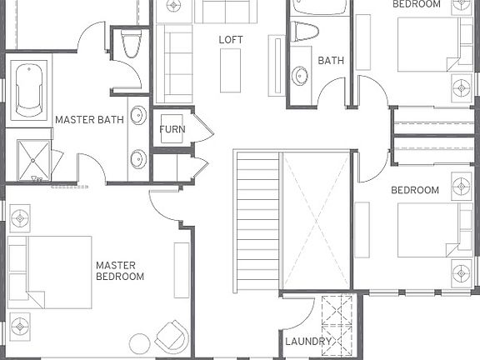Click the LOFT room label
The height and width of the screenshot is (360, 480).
click(x=231, y=39)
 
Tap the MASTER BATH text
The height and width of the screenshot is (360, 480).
click(x=89, y=120)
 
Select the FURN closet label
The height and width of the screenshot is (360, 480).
click(x=172, y=130)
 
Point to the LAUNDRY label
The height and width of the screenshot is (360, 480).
click(x=308, y=342)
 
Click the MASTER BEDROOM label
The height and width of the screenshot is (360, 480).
click(x=120, y=271)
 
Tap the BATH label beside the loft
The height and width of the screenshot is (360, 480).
click(x=331, y=61)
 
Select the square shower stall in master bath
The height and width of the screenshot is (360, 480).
click(x=34, y=160)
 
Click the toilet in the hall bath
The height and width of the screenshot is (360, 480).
click(x=306, y=32)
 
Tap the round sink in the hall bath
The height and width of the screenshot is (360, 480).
click(x=301, y=76)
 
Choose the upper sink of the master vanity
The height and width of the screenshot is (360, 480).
click(x=138, y=115)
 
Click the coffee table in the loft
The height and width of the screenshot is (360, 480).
click(x=230, y=70)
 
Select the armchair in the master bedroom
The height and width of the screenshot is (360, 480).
click(x=172, y=336)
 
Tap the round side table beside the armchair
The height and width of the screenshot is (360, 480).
click(x=140, y=342)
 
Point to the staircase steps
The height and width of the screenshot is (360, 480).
click(x=256, y=221)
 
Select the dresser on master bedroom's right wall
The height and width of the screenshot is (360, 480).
click(x=182, y=270)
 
